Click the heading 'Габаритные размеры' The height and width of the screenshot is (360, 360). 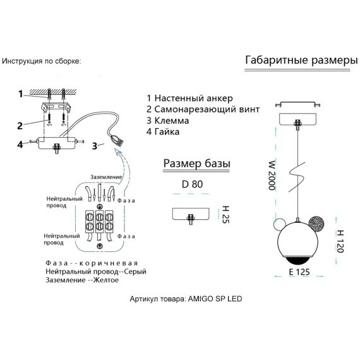[x=301, y=60]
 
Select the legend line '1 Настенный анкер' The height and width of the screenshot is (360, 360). [x=189, y=99]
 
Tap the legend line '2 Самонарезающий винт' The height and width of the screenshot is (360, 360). [x=203, y=109]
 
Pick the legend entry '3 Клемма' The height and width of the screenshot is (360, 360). [x=168, y=121]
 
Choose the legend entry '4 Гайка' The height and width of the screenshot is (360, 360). [x=163, y=132]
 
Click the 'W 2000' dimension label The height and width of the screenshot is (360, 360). [x=272, y=176]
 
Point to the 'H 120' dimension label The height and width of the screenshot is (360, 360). [x=340, y=241]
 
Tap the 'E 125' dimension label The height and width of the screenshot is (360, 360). [x=299, y=272]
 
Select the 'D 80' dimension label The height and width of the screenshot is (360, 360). [x=192, y=184]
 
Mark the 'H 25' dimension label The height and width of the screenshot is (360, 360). [x=225, y=215]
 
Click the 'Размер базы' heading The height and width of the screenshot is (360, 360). [x=197, y=164]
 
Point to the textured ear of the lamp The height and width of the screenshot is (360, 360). [x=316, y=224]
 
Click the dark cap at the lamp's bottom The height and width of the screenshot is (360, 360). [x=297, y=260]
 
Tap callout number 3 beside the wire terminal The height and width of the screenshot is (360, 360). [x=95, y=146]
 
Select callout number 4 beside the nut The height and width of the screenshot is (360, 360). [x=20, y=145]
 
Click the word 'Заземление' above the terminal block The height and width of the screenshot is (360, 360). [x=106, y=177]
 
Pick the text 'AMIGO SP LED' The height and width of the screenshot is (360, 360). [x=215, y=299]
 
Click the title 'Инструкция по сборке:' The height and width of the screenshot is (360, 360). [x=42, y=61]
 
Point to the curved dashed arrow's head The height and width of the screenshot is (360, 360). [x=119, y=152]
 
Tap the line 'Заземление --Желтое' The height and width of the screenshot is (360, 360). [x=82, y=280]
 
